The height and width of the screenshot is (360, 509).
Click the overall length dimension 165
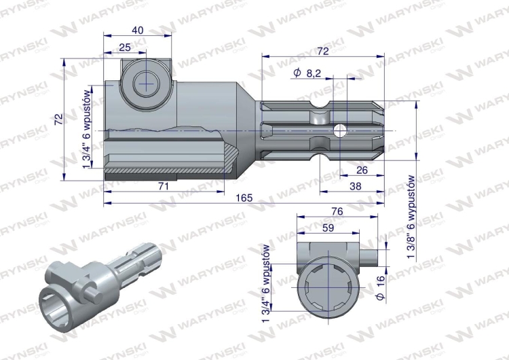pos(245,198)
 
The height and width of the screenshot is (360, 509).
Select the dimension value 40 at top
pos(137,30)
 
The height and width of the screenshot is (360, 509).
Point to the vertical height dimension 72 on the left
pos(59,118)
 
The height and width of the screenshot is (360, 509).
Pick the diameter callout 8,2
pos(307,73)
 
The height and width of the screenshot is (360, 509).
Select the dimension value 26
pos(362,170)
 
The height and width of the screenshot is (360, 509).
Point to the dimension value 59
pos(326,229)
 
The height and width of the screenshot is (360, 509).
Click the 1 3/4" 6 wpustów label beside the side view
pos(87,126)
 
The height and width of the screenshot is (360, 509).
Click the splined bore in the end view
pos(326,285)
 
